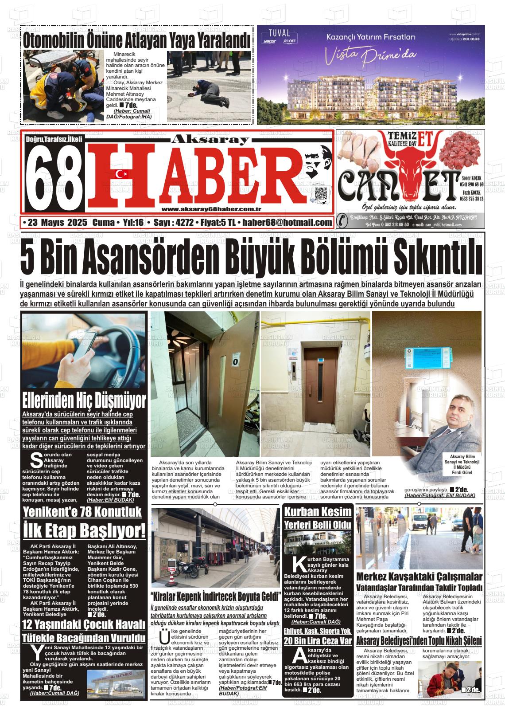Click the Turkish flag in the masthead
120,174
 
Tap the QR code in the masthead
321,194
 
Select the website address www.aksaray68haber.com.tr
211,210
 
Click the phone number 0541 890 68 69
472,184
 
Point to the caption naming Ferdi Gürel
462,464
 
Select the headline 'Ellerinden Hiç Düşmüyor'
84,400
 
